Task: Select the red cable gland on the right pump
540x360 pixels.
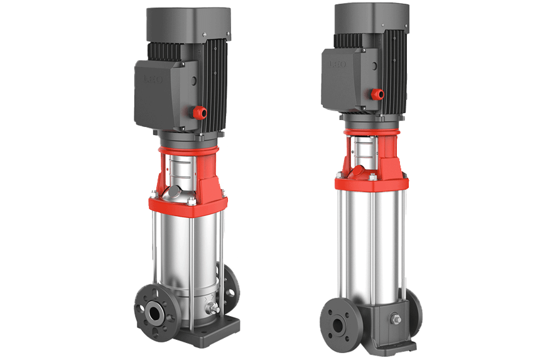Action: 378,95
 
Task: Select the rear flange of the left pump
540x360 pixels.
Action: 227,287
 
